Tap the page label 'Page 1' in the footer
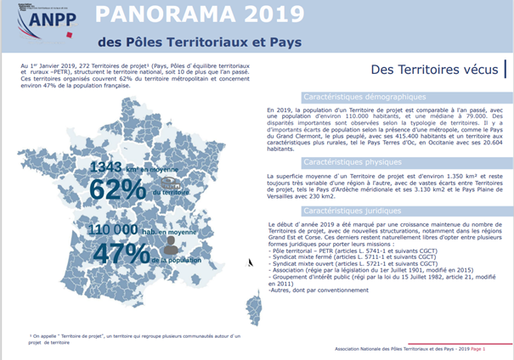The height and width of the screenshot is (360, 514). coord(478,349)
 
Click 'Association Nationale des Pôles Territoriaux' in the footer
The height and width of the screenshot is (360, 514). coord(391,349)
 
